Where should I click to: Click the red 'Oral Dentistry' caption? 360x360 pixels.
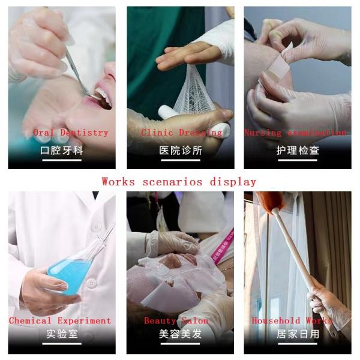click(70, 133)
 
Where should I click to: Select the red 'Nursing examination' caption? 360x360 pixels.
click(295, 133)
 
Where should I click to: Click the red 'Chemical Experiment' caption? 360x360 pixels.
click(60, 321)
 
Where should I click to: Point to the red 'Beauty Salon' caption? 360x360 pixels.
click(176, 321)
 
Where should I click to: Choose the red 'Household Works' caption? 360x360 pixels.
click(292, 321)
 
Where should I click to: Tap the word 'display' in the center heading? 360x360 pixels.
click(233, 182)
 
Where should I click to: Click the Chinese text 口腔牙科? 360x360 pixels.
click(61, 150)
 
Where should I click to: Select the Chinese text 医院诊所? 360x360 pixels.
click(180, 150)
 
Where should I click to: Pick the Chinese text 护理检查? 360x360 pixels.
click(298, 150)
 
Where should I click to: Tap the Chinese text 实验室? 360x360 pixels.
click(62, 334)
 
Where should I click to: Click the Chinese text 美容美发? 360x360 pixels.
click(180, 334)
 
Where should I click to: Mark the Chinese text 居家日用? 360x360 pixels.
click(298, 334)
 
